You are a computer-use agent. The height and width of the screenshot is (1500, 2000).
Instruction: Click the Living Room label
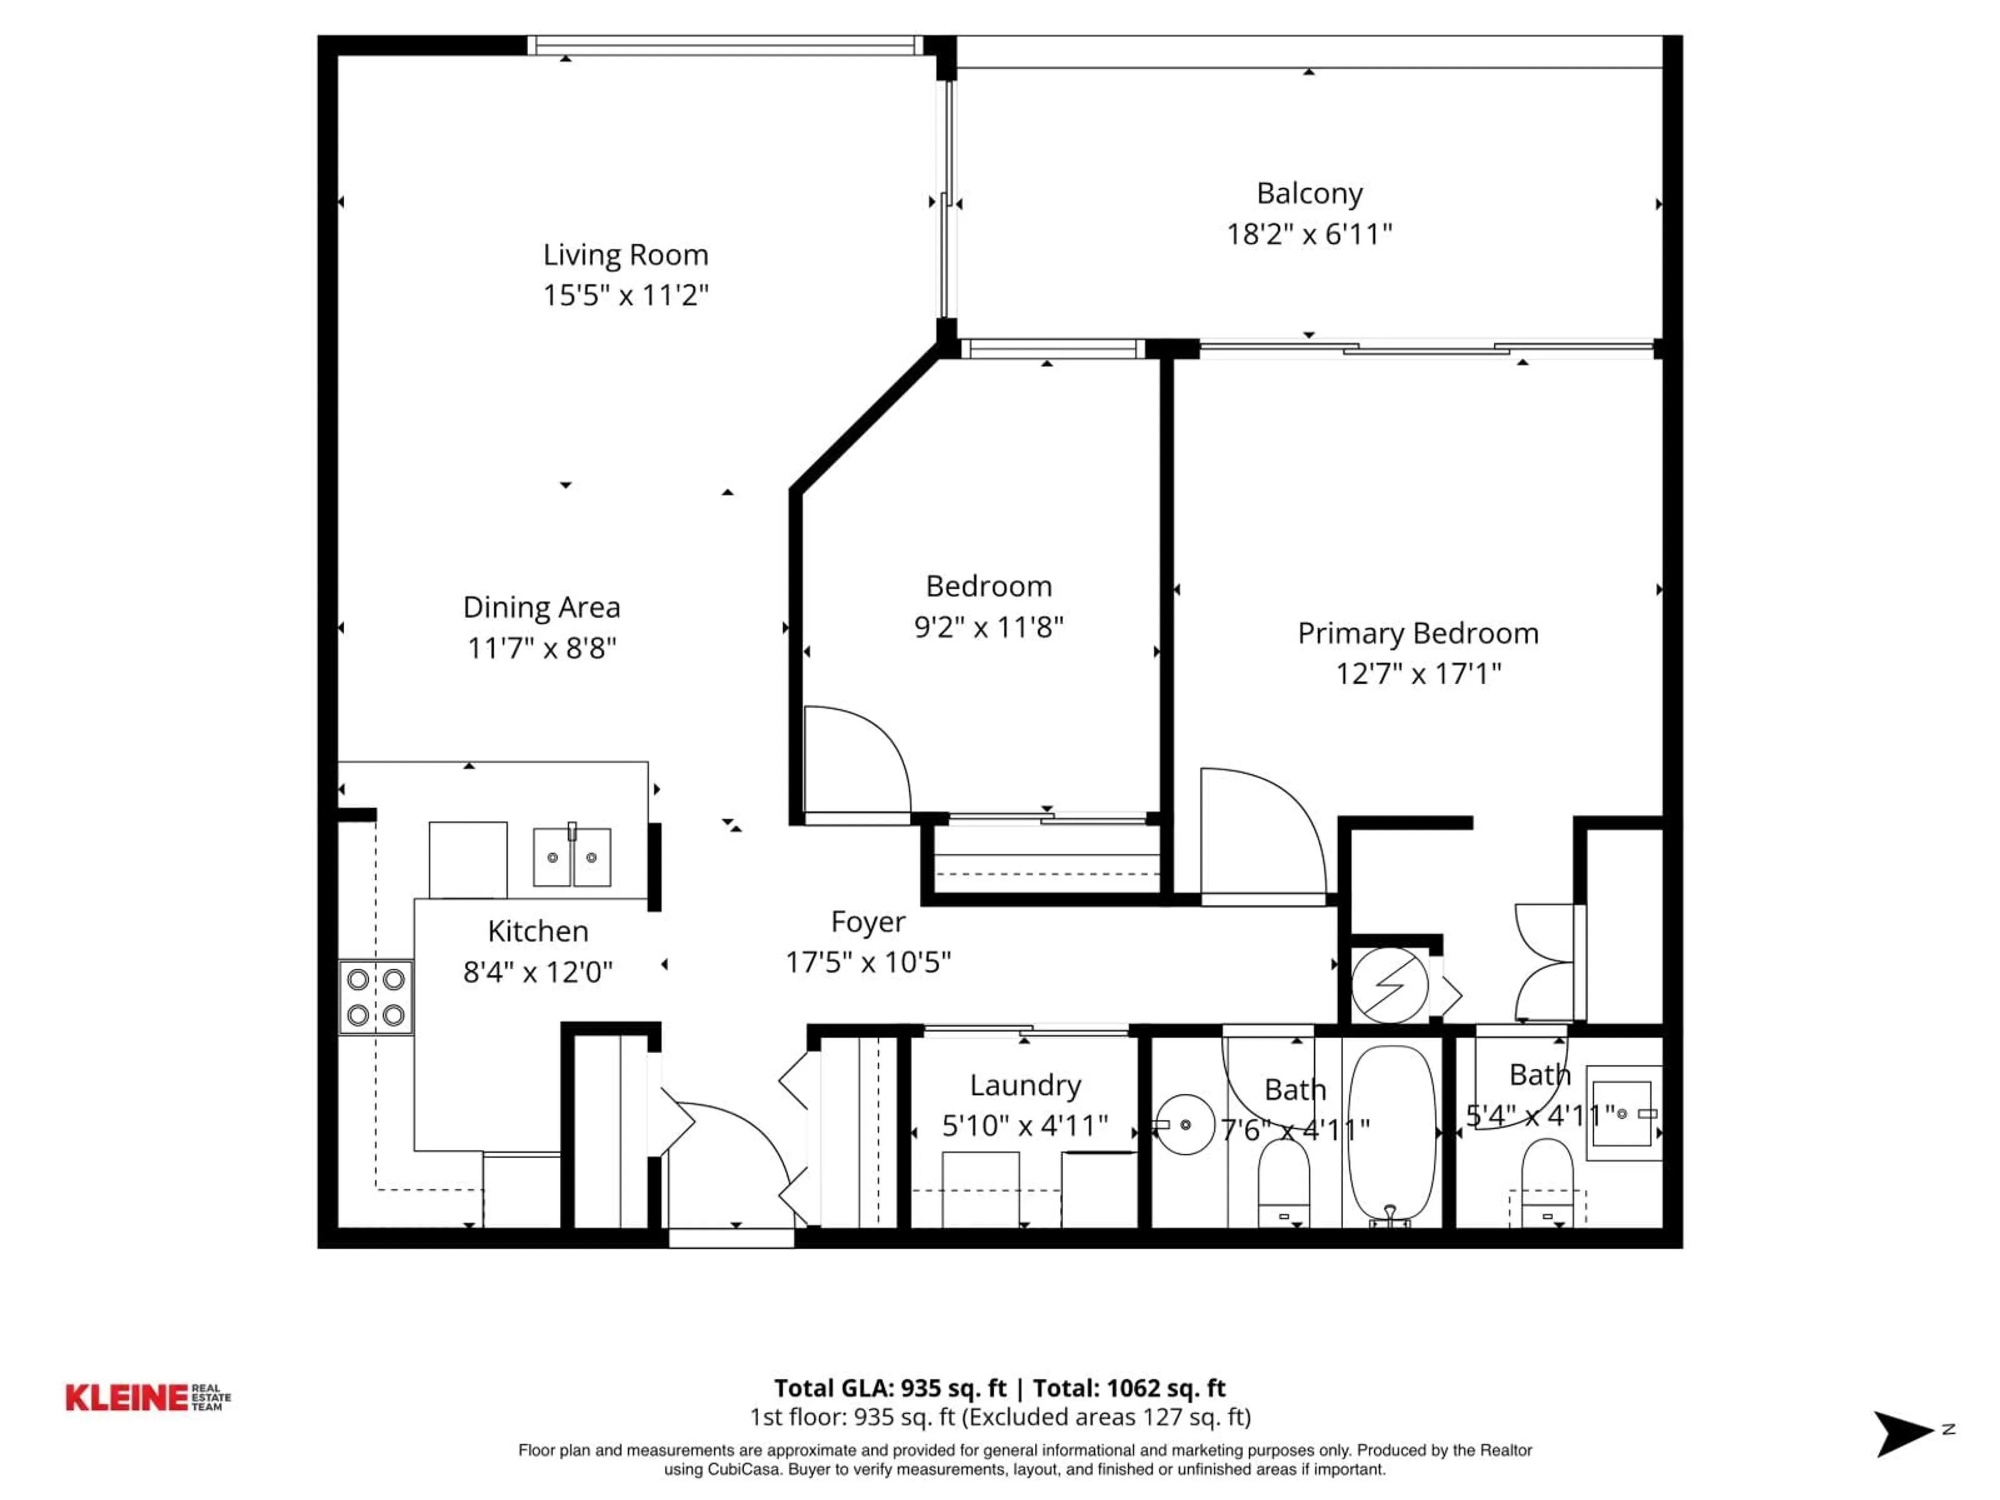625,255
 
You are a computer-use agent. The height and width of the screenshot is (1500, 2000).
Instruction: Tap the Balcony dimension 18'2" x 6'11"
1308,235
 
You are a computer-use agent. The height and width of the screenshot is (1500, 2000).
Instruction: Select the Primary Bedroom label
1417,633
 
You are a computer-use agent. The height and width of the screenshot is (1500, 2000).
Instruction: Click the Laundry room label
1024,1085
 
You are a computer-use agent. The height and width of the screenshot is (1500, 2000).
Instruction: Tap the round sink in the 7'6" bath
1184,1125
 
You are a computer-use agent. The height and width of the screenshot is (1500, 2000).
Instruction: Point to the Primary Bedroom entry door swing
1261,832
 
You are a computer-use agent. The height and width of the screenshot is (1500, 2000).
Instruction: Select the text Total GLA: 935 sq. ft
890,1388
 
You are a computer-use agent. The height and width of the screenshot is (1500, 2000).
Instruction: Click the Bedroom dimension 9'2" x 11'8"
988,627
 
